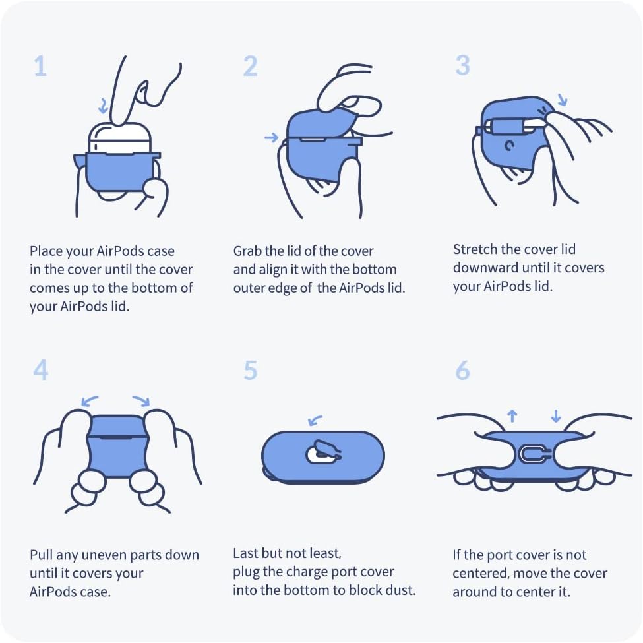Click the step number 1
click(x=40, y=66)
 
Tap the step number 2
click(x=251, y=66)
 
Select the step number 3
click(x=462, y=65)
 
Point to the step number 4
click(x=41, y=370)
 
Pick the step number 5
click(x=251, y=370)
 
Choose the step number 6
click(x=462, y=370)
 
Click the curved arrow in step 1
click(x=104, y=106)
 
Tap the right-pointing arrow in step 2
click(x=272, y=137)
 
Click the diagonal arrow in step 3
click(x=563, y=99)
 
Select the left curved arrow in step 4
click(x=90, y=400)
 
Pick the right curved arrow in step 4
click(x=142, y=400)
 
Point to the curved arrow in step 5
click(x=315, y=420)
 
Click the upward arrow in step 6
click(x=512, y=415)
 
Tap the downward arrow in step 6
click(x=556, y=415)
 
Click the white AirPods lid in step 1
click(x=120, y=138)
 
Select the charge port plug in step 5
click(x=324, y=452)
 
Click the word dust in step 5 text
click(x=401, y=590)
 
